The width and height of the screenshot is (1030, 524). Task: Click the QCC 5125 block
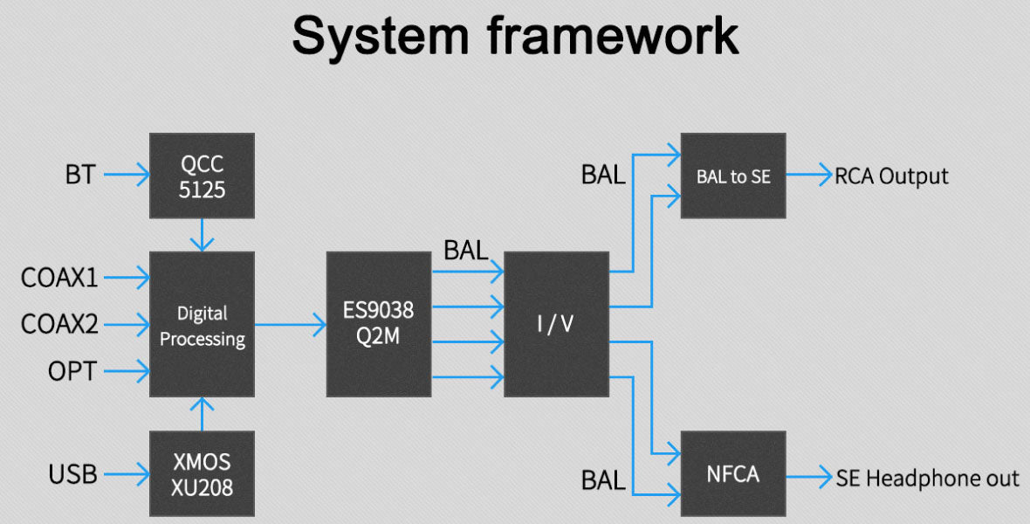tap(202, 176)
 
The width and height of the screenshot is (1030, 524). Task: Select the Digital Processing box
tap(202, 324)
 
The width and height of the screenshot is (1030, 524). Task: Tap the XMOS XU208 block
tap(202, 474)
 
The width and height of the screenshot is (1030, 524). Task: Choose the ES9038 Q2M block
tap(378, 324)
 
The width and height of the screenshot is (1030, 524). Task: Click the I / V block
tap(556, 324)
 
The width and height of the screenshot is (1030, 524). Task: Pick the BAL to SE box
tap(733, 176)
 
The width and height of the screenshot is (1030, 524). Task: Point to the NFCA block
tap(733, 474)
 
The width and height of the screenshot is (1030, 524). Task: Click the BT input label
tap(79, 176)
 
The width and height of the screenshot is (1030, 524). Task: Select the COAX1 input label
tap(60, 278)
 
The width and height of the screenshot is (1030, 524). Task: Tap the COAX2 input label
tap(60, 325)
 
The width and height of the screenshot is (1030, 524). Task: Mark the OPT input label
tap(72, 372)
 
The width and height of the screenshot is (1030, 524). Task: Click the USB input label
tap(72, 475)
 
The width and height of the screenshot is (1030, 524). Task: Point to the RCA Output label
tap(891, 176)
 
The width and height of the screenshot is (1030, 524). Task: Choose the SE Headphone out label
tap(927, 479)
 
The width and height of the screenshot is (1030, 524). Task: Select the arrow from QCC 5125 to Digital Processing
tap(202, 234)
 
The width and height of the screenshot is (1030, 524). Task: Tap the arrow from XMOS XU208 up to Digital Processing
tap(202, 413)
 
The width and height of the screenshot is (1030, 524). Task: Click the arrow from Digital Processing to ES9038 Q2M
tap(290, 325)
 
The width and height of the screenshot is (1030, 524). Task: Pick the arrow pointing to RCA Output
tap(809, 176)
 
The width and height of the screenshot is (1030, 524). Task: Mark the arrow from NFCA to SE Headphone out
tap(809, 476)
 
